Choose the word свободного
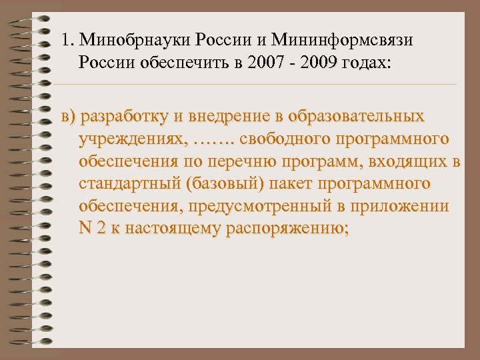(x=279, y=140)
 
